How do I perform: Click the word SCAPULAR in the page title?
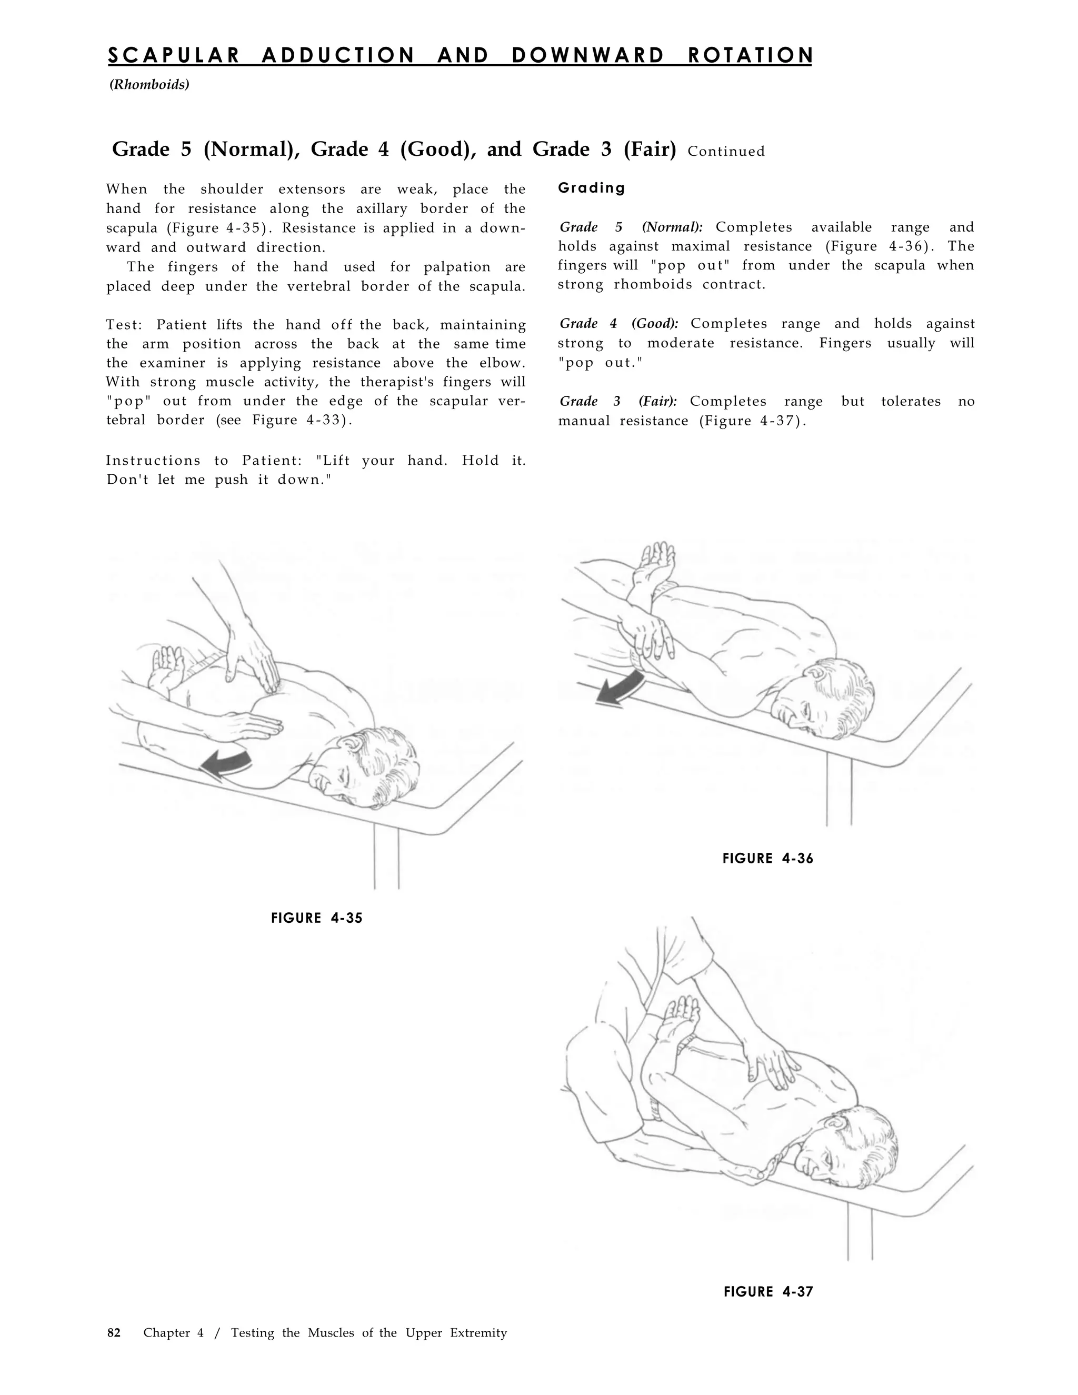(x=174, y=56)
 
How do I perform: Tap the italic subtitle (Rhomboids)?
(x=149, y=84)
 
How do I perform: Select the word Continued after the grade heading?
(x=726, y=152)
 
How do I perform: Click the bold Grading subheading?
(x=591, y=188)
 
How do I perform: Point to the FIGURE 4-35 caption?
(x=317, y=919)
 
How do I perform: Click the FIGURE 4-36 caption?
(x=767, y=859)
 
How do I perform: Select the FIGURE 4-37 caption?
(x=768, y=1291)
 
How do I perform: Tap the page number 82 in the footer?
(x=114, y=1332)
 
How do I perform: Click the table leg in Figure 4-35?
(x=386, y=859)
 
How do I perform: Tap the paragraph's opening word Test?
(x=123, y=325)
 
